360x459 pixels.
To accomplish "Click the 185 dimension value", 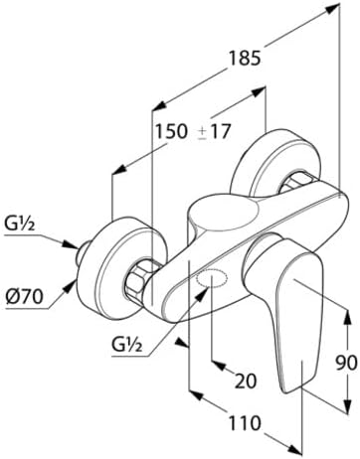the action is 245,59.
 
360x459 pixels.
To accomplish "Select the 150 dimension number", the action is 171,131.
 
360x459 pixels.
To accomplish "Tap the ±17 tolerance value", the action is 214,132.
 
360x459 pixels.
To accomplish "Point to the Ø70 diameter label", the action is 25,296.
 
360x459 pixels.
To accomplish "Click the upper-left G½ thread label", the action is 20,225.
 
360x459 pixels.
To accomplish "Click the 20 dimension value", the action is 246,381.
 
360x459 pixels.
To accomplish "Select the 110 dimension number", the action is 245,423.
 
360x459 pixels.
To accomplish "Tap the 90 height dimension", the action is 346,363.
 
